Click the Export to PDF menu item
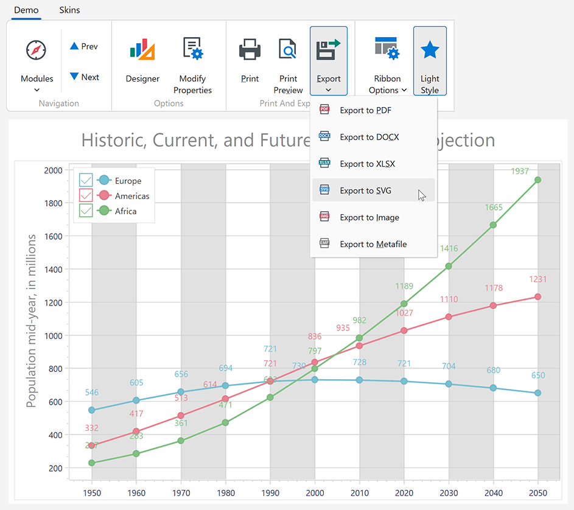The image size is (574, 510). [x=365, y=110]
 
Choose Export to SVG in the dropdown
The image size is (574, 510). [x=365, y=190]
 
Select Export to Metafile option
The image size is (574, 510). [x=373, y=244]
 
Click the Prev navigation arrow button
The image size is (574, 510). [x=84, y=46]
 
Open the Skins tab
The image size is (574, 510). [x=69, y=10]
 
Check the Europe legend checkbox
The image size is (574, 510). [x=86, y=180]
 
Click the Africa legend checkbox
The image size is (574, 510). [x=86, y=211]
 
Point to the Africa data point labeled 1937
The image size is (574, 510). [x=537, y=180]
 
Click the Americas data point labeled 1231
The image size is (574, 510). [x=537, y=296]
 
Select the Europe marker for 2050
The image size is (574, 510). [x=537, y=393]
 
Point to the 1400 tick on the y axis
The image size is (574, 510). [x=54, y=269]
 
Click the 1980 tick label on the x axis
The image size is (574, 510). [x=226, y=493]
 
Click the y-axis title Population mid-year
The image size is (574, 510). [x=31, y=320]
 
